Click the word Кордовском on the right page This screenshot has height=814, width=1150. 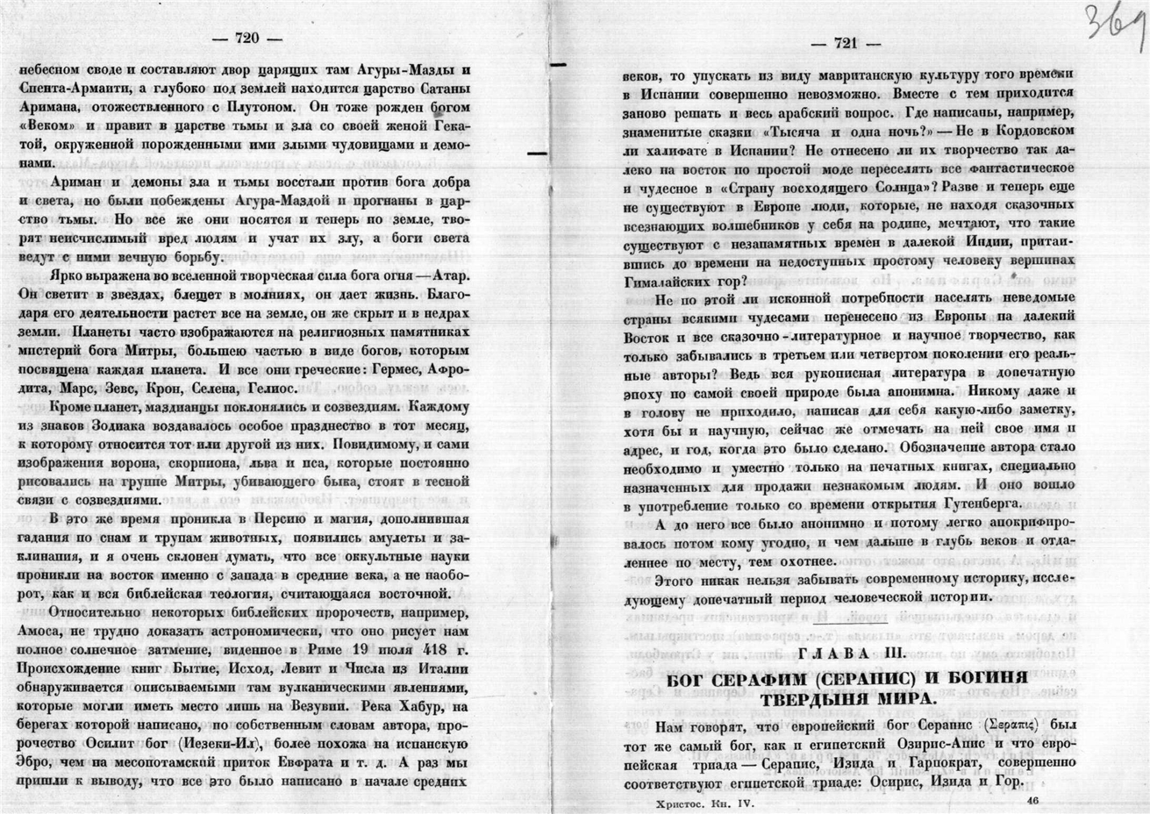pos(1022,131)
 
